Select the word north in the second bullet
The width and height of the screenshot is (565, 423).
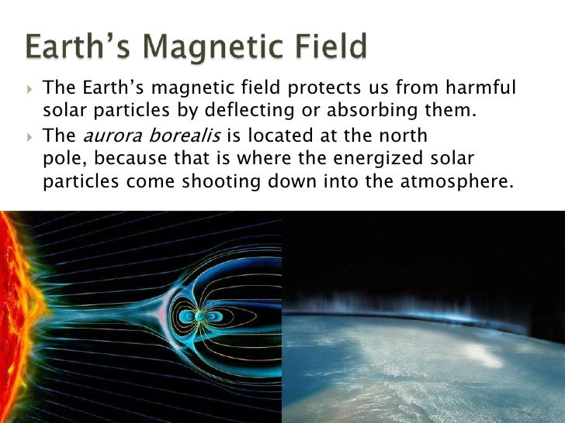399,137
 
